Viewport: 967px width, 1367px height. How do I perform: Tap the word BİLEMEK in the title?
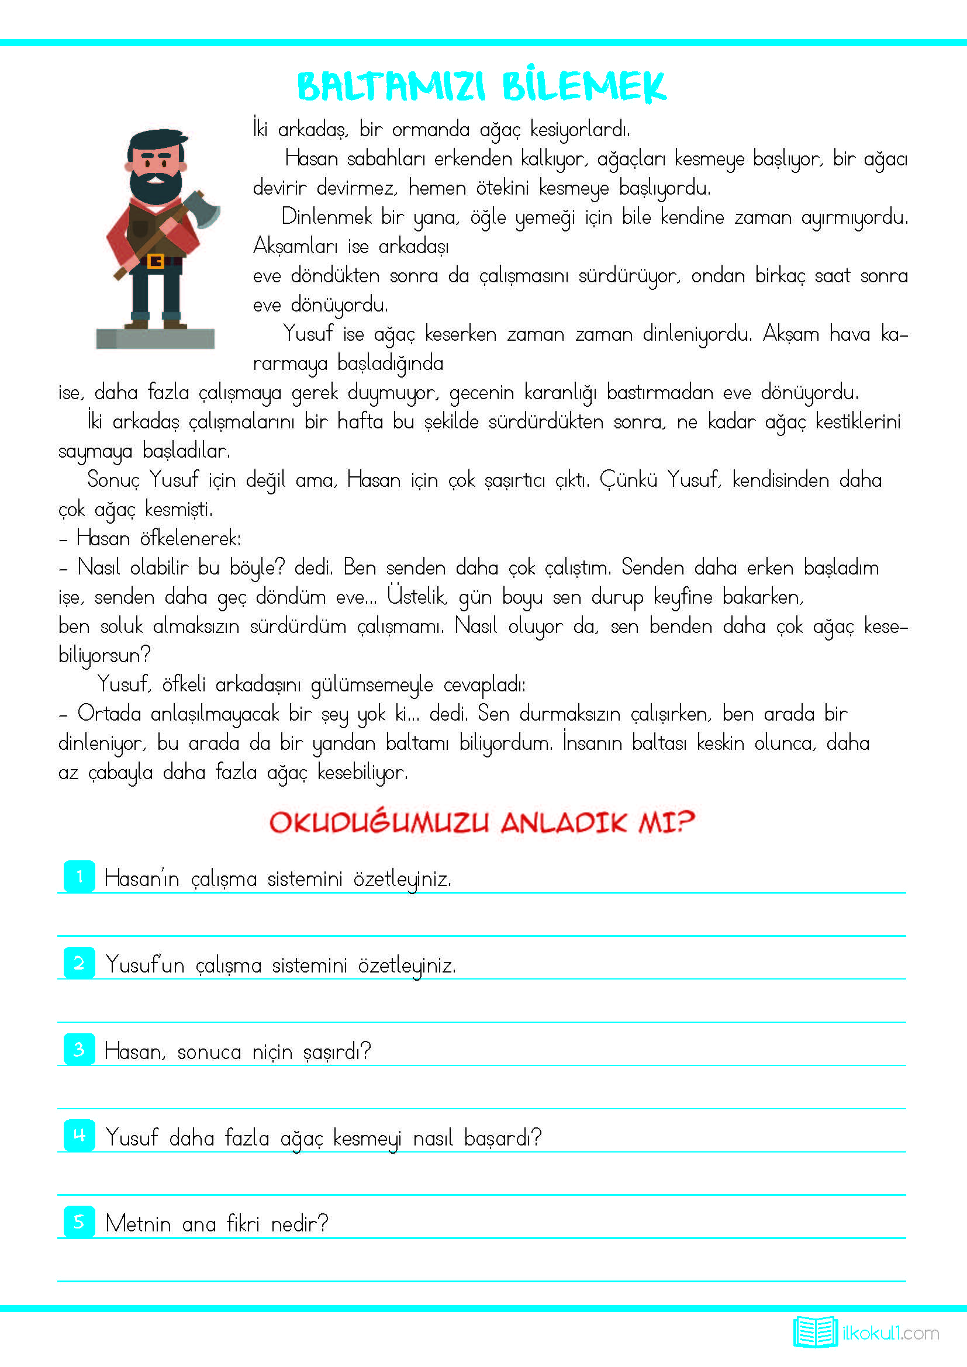[x=583, y=87]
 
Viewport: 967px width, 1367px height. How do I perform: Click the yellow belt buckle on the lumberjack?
[x=156, y=261]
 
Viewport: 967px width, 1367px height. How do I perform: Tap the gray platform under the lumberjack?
[x=156, y=338]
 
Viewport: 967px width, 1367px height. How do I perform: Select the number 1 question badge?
[x=79, y=877]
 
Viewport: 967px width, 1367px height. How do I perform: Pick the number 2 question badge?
[x=79, y=963]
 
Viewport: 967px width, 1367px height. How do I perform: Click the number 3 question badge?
[x=79, y=1049]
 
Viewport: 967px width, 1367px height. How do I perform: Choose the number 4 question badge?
[x=79, y=1136]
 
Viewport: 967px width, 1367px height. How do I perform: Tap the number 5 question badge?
[x=79, y=1221]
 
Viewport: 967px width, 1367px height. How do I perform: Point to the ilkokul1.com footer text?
[x=891, y=1333]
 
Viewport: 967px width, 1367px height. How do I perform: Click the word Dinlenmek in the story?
[x=326, y=217]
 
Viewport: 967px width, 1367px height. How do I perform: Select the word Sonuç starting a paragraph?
[x=113, y=480]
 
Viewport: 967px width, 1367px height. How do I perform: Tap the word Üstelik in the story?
[x=417, y=596]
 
